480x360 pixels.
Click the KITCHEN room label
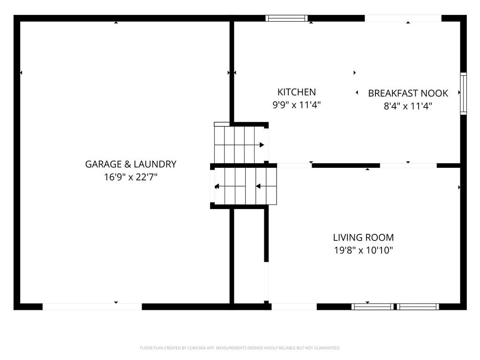tap(296, 92)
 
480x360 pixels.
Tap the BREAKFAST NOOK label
tap(408, 93)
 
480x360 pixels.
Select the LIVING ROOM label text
tap(363, 238)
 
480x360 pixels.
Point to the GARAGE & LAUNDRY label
tap(131, 165)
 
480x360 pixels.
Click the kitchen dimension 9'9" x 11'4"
tap(296, 105)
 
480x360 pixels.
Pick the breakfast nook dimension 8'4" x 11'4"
tap(408, 106)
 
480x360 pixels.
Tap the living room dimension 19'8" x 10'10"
tap(363, 250)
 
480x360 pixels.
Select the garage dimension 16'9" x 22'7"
tap(131, 177)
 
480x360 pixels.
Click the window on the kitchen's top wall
tap(286, 18)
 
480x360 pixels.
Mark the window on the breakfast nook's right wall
tap(464, 94)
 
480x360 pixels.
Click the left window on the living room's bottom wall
tap(373, 307)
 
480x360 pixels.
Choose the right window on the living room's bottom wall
tap(418, 307)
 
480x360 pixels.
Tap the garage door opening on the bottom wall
tap(92, 307)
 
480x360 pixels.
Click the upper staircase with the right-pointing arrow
tap(239, 144)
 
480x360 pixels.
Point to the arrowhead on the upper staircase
tap(262, 145)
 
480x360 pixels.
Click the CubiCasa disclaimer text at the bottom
tap(240, 348)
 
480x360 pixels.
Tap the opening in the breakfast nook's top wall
tap(403, 18)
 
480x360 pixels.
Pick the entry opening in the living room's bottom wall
tap(294, 307)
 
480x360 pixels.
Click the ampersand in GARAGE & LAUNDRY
tap(127, 165)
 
